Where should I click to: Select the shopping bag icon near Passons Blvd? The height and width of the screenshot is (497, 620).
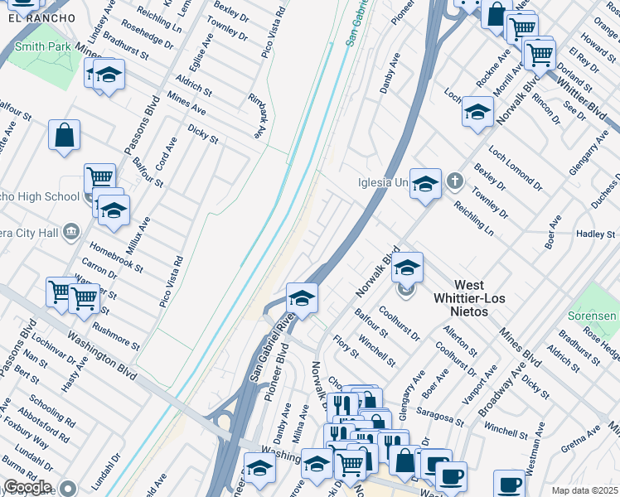click(x=64, y=136)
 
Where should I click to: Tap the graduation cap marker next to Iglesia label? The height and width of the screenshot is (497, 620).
click(x=425, y=183)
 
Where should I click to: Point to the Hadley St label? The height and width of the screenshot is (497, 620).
click(x=595, y=234)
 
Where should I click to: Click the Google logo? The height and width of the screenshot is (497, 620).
click(x=27, y=487)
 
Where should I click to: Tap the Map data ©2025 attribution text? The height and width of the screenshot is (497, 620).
click(x=584, y=490)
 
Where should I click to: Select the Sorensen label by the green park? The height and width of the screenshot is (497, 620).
click(x=592, y=316)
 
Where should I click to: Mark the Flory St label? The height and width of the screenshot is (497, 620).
click(x=345, y=348)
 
